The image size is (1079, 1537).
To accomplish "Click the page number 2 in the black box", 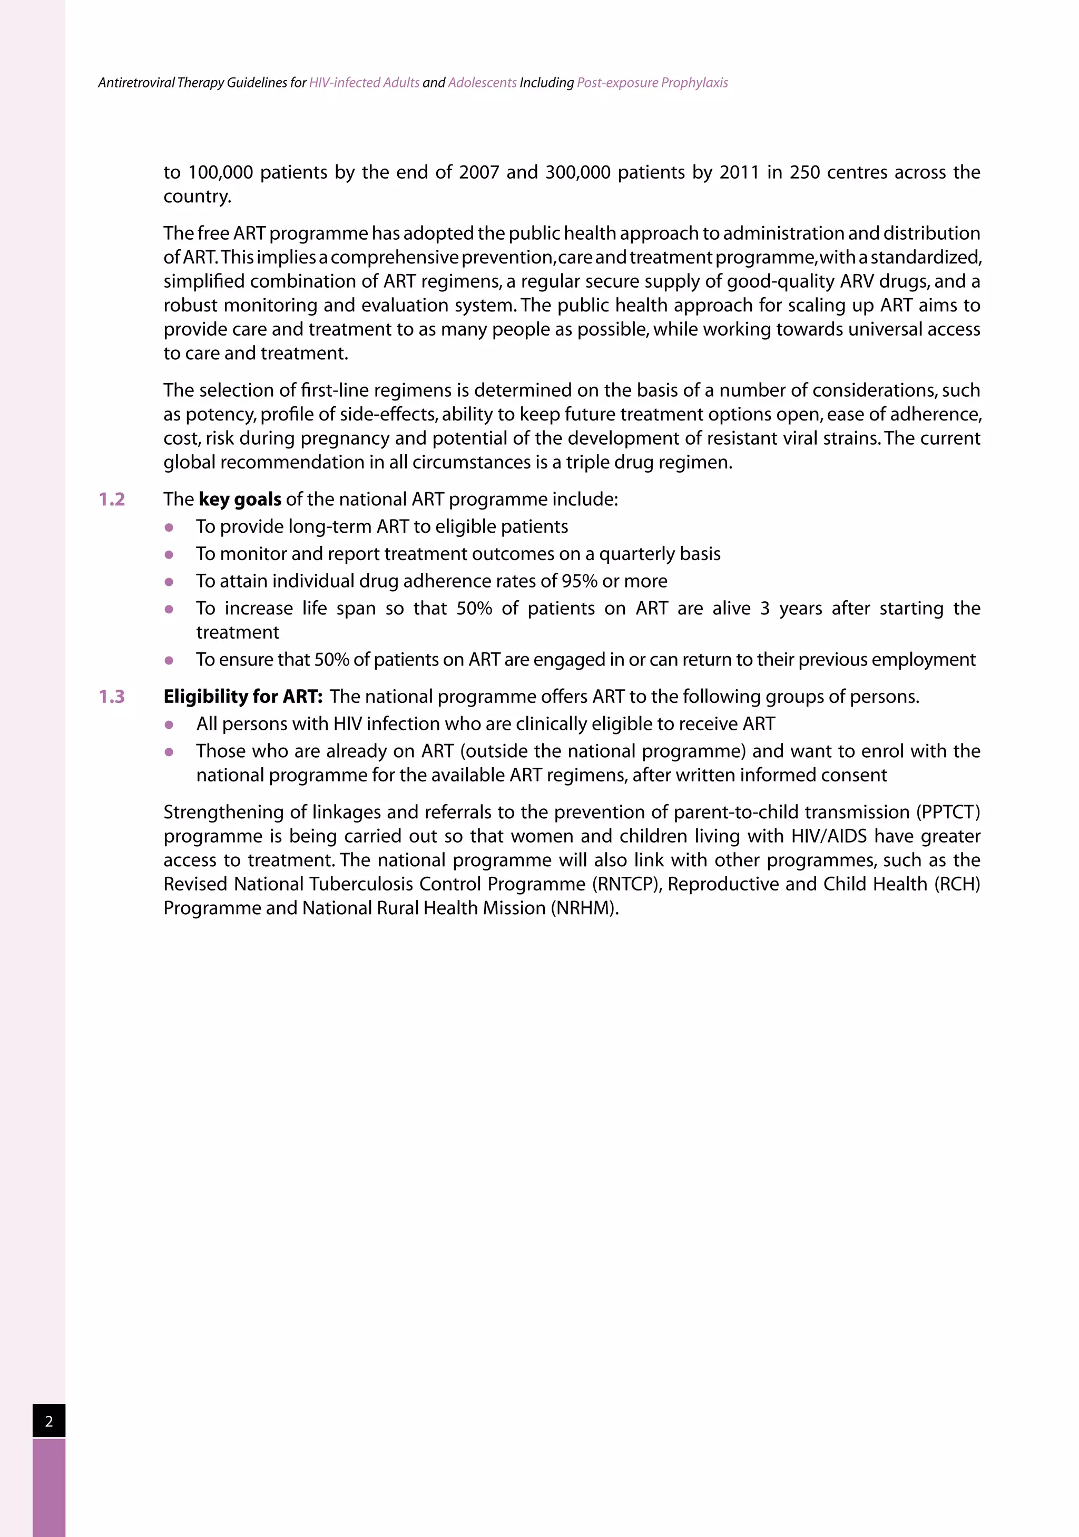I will pyautogui.click(x=49, y=1421).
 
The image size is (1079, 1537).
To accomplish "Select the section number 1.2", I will pyautogui.click(x=112, y=500).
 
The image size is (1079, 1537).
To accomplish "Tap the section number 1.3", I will pyautogui.click(x=112, y=697).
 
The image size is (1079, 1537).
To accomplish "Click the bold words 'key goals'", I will pyautogui.click(x=240, y=500).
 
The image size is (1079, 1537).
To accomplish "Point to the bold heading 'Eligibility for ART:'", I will pyautogui.click(x=243, y=697).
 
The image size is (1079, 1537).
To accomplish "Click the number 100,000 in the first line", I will pyautogui.click(x=220, y=173).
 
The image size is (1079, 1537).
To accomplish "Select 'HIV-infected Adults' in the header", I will pyautogui.click(x=364, y=83).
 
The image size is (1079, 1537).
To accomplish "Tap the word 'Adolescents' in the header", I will pyautogui.click(x=482, y=83).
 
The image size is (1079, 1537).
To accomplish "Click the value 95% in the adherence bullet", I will pyautogui.click(x=579, y=581).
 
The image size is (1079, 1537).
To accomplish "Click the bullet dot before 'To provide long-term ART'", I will pyautogui.click(x=169, y=527).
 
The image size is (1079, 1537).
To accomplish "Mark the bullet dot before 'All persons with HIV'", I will pyautogui.click(x=169, y=725).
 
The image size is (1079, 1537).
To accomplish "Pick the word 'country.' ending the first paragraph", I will pyautogui.click(x=198, y=197).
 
